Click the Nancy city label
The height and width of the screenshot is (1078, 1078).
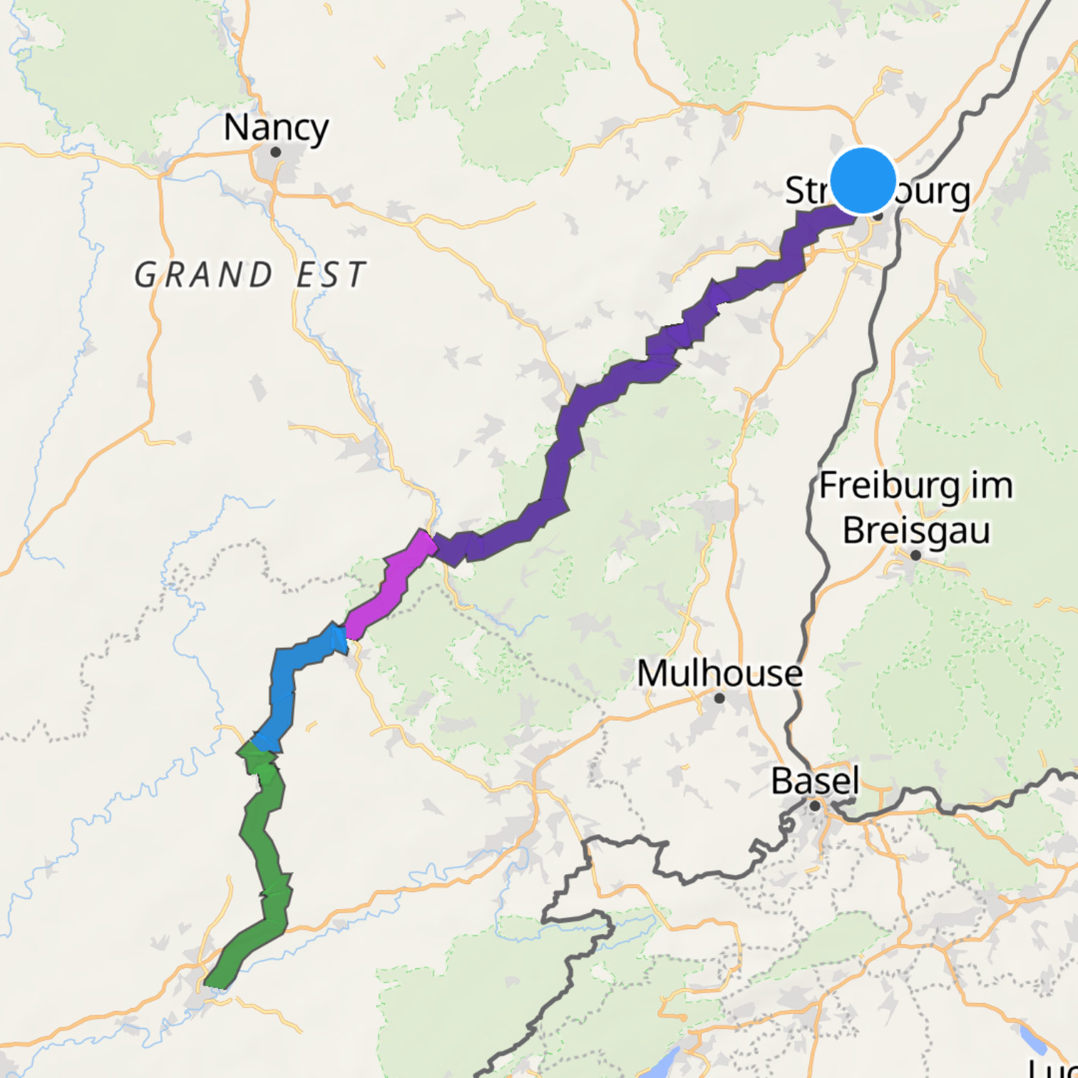276,128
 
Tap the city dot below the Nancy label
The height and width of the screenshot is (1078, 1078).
276,152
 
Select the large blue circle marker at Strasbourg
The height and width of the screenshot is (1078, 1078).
863,180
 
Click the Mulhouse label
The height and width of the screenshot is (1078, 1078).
719,673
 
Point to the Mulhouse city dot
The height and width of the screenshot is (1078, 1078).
719,698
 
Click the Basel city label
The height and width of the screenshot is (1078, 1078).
815,781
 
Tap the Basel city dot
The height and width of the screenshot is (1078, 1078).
815,806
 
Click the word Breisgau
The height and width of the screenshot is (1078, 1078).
916,530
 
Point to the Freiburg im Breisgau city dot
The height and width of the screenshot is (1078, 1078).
916,555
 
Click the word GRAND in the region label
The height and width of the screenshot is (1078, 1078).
204,275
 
